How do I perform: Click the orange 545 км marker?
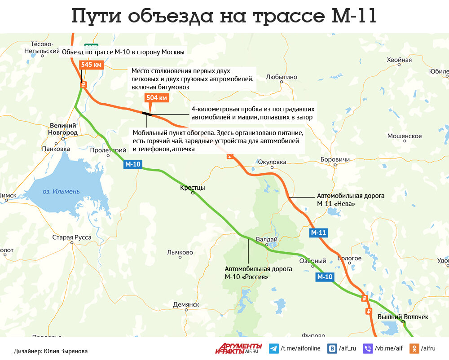(x=92, y=65)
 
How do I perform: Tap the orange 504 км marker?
(x=157, y=97)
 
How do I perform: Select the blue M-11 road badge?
(x=318, y=233)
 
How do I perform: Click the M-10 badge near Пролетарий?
(x=133, y=165)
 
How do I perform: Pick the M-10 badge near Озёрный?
(x=325, y=277)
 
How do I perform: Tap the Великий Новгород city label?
(x=63, y=129)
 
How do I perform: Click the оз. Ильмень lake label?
(x=61, y=192)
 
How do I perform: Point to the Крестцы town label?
(x=192, y=188)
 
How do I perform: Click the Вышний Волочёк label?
(x=403, y=317)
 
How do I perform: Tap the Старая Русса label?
(x=72, y=237)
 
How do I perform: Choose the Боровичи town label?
(x=335, y=159)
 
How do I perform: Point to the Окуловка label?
(x=272, y=162)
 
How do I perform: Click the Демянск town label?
(x=186, y=304)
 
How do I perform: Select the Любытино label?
(x=282, y=77)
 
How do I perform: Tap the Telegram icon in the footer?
(x=273, y=348)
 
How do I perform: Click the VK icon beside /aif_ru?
(x=333, y=348)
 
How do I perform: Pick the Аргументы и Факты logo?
(x=238, y=348)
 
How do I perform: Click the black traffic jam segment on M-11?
(x=146, y=114)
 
